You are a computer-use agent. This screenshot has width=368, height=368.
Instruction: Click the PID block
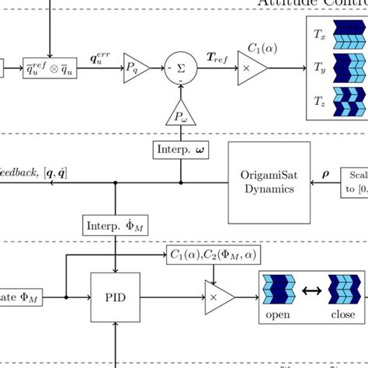[x=116, y=296]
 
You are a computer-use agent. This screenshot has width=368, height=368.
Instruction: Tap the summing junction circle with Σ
[x=179, y=68]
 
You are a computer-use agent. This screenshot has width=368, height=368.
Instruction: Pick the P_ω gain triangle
[x=179, y=115]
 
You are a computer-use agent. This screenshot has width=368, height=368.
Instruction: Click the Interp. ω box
[x=179, y=148]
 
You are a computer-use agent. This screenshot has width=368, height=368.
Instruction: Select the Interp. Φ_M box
[x=116, y=224]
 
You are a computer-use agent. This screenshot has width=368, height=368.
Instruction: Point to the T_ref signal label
[x=217, y=57]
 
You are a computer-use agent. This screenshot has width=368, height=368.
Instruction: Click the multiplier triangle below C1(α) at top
[x=255, y=68]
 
